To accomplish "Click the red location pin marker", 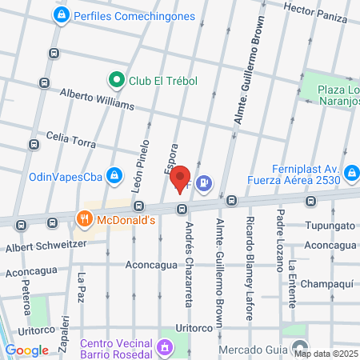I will pos(181,178).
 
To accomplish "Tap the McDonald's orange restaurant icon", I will pos(83,218).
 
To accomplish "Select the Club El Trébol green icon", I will pos(115,79).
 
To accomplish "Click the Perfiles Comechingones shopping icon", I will pos(61,15).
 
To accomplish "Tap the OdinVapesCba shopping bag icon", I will pos(114,175).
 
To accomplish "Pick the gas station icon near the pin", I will pos(205,183).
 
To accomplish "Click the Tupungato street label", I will pos(327,226).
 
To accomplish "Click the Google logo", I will pos(27,350).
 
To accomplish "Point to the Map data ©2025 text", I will pos(325,354).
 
